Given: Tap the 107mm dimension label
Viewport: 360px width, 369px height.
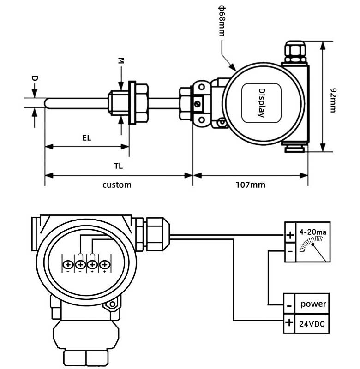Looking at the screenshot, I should pyautogui.click(x=251, y=185).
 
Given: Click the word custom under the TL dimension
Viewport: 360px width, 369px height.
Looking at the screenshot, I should pyautogui.click(x=117, y=185).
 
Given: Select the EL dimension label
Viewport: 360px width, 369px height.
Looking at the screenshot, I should pyautogui.click(x=87, y=137).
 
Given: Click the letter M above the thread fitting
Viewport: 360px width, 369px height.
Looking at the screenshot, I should pyautogui.click(x=121, y=60).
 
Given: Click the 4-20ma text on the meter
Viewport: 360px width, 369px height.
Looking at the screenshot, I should pyautogui.click(x=313, y=232).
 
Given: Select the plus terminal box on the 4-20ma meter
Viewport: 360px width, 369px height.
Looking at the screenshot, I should pyautogui.click(x=290, y=235).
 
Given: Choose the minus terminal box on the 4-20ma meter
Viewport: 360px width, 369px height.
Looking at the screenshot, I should pyautogui.click(x=290, y=252).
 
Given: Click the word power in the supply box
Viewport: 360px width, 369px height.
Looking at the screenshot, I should pyautogui.click(x=313, y=304).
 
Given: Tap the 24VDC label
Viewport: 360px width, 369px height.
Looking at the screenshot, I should pyautogui.click(x=313, y=324).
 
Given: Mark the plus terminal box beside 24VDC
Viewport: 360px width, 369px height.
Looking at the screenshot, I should pyautogui.click(x=289, y=323).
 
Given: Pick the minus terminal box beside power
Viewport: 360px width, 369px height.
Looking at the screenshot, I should pyautogui.click(x=289, y=305).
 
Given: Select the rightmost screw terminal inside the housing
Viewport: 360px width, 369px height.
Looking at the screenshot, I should pyautogui.click(x=105, y=265).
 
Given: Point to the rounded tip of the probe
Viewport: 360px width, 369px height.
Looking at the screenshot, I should pyautogui.click(x=47, y=103).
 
